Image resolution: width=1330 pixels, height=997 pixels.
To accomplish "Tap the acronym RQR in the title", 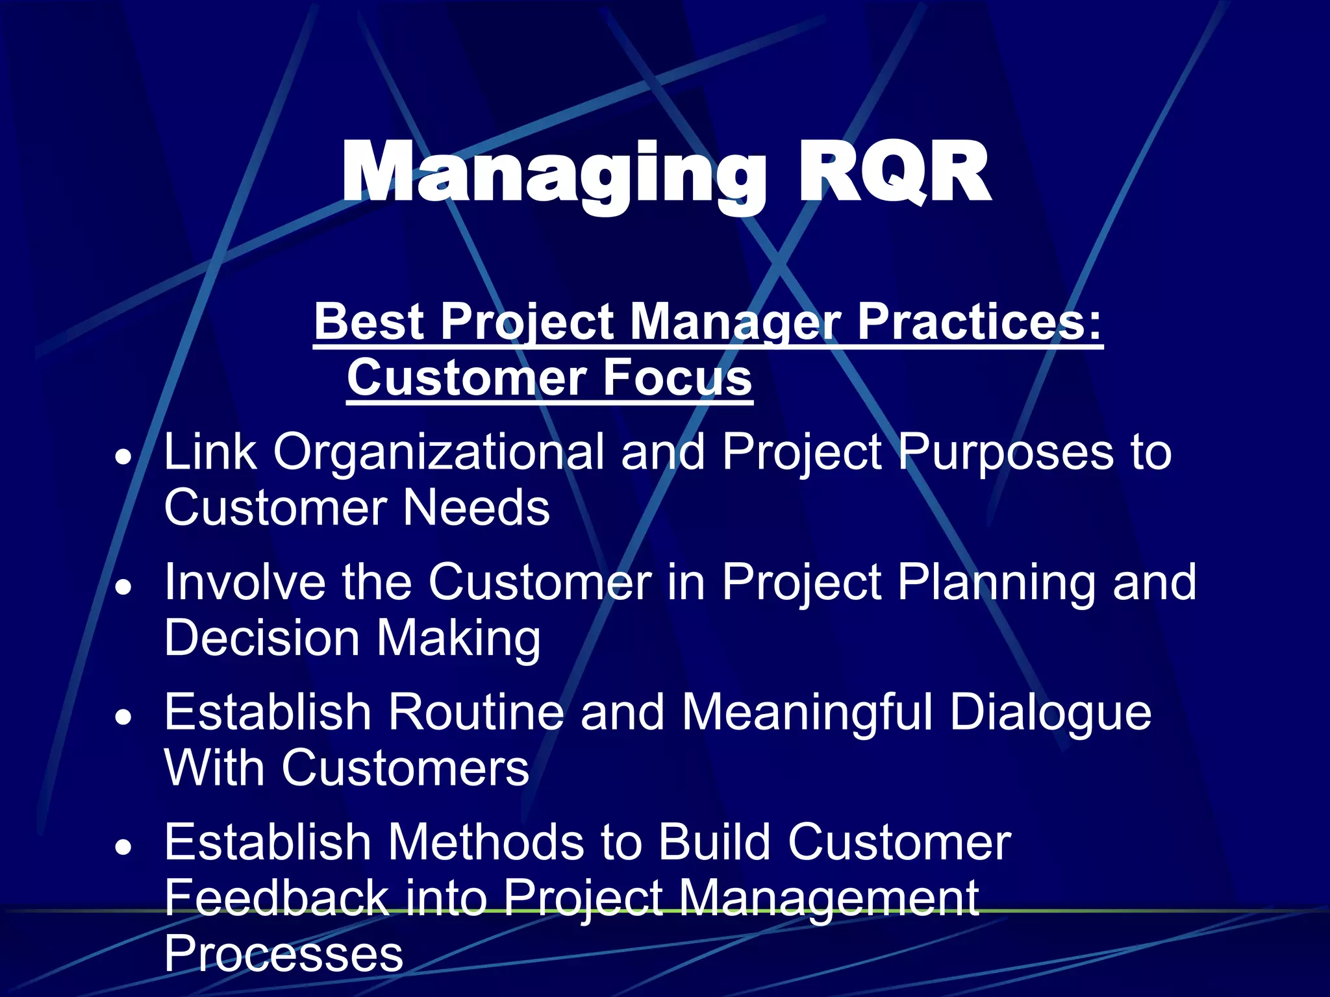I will tap(893, 174).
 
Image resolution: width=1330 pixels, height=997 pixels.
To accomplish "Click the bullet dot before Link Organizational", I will tap(123, 457).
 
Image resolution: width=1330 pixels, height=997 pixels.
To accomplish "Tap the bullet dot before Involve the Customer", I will tap(123, 587).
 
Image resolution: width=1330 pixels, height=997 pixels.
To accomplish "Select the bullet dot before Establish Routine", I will tap(123, 717).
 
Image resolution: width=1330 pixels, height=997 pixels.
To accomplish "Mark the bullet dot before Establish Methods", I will tap(123, 847).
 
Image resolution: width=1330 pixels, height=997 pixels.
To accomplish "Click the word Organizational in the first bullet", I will tap(438, 452).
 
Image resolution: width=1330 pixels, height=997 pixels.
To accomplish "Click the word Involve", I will tap(244, 582).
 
